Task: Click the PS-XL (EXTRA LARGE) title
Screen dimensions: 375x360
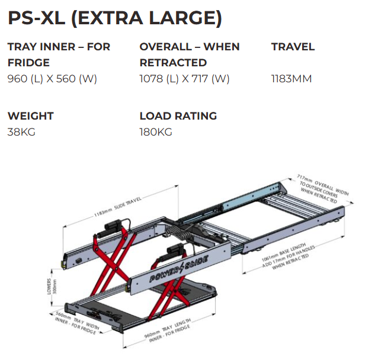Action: [115, 18]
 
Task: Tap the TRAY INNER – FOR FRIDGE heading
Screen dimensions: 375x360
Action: [59, 54]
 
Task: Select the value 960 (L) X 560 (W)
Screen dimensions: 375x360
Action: [52, 79]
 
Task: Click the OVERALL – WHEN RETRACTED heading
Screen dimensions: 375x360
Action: [190, 54]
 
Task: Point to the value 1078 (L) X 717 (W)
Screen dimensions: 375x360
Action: [184, 79]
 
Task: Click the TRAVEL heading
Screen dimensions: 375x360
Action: [293, 47]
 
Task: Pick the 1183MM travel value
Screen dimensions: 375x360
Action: [291, 79]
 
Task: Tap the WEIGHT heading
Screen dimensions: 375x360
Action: [31, 116]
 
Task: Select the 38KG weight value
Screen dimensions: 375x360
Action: [21, 132]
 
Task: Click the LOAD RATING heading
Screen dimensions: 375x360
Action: [178, 116]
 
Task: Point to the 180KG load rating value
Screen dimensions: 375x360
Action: [156, 132]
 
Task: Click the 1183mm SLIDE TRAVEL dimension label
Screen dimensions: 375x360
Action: [118, 207]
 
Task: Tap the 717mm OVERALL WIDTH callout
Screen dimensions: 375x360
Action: [323, 189]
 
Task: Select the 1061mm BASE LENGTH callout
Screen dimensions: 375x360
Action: [288, 256]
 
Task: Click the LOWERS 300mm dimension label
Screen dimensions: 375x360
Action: [52, 287]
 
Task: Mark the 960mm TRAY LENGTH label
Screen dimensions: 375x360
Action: [168, 330]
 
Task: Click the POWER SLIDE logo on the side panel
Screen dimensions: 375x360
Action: [179, 269]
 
